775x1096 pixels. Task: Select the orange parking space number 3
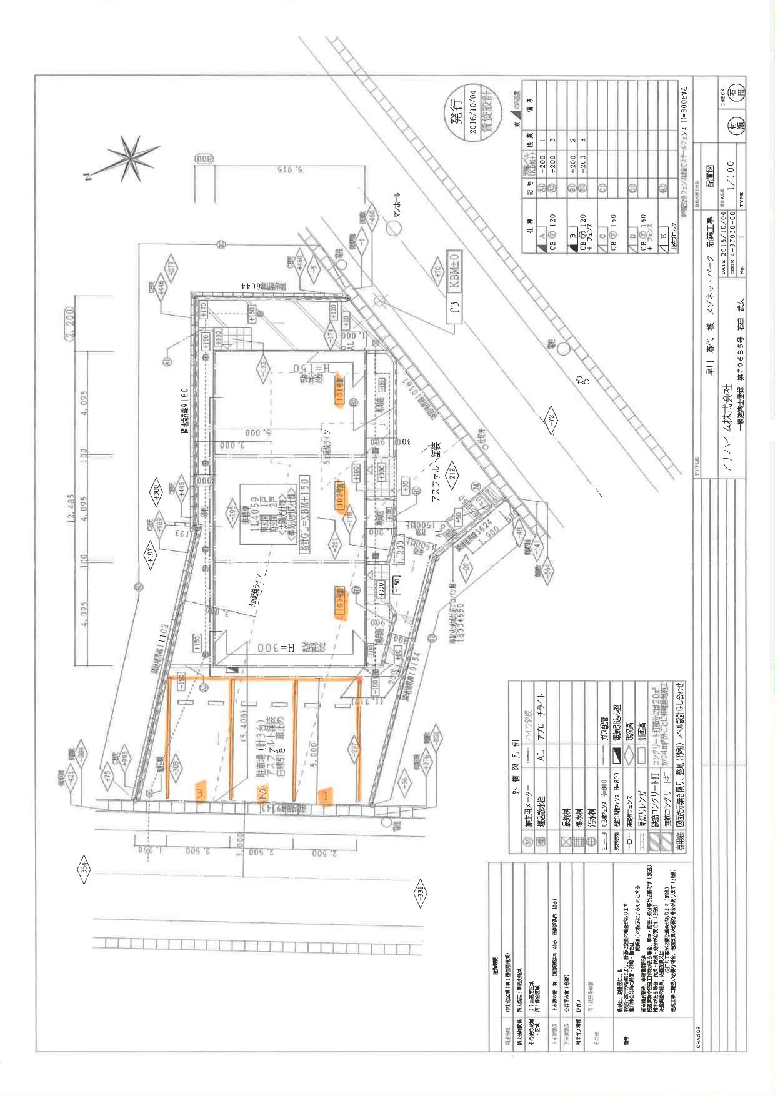(x=201, y=792)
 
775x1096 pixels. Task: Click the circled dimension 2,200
(x=71, y=323)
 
